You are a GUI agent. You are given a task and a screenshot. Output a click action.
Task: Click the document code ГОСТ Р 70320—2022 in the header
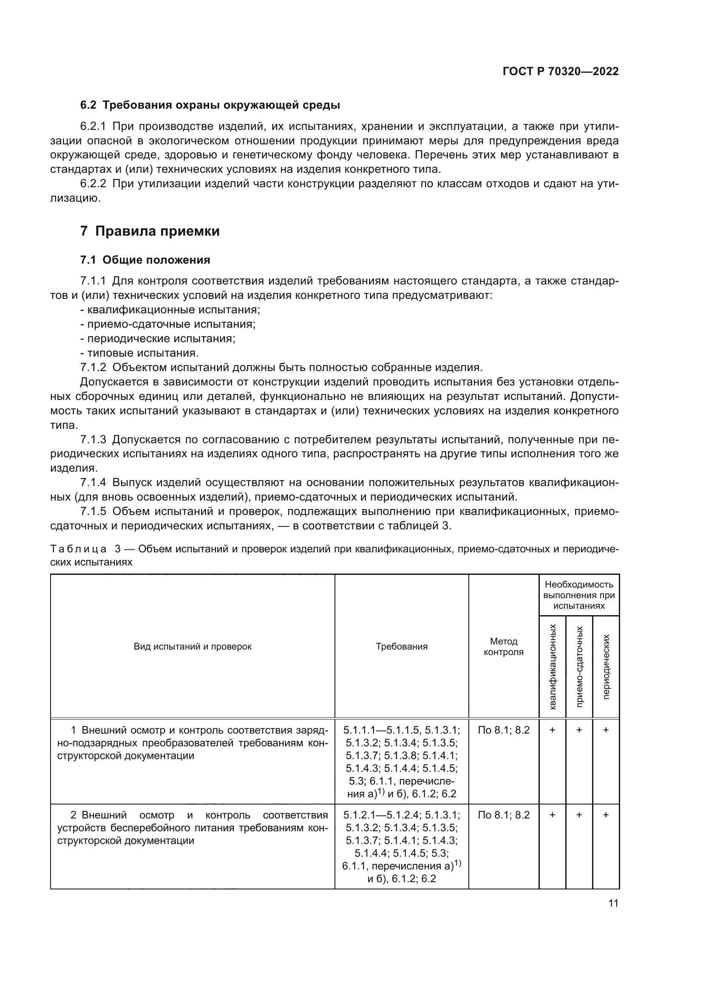pos(561,71)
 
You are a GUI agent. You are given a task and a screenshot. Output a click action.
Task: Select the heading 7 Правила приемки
pos(150,231)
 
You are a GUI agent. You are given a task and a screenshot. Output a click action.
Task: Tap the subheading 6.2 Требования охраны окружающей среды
pos(210,105)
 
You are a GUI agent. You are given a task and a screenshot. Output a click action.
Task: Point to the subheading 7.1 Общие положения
pos(145,260)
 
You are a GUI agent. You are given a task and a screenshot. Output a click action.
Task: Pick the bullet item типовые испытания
pos(143,353)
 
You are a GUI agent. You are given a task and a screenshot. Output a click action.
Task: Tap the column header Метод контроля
pos(503,646)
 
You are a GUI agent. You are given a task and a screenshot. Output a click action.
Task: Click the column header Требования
pos(401,647)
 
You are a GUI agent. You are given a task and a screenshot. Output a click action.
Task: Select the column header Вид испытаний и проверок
pos(192,647)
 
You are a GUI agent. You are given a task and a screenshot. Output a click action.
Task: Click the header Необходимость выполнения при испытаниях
pos(579,595)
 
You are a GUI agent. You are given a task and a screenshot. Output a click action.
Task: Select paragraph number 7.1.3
pos(93,439)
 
